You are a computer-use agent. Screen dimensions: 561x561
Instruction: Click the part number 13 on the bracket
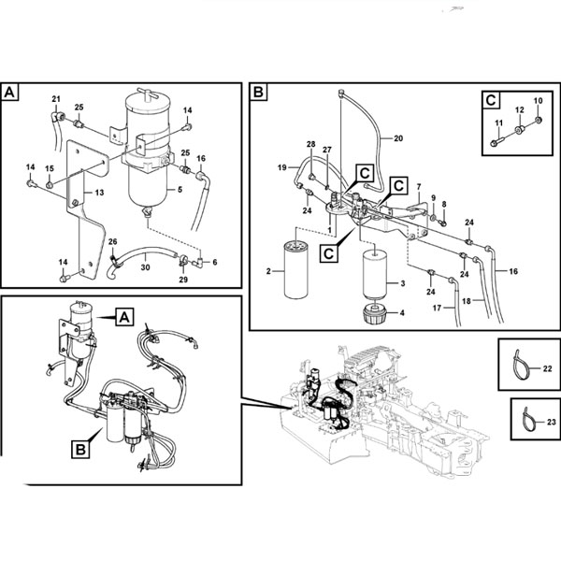pos(99,193)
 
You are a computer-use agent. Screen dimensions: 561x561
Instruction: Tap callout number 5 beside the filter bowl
pos(180,189)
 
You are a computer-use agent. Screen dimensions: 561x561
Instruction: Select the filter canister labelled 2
pos(295,270)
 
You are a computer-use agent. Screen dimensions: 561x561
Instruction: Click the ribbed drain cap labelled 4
pos(375,313)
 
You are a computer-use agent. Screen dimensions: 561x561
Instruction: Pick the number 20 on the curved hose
pos(398,138)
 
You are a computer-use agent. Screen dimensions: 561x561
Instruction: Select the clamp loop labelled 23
pos(529,419)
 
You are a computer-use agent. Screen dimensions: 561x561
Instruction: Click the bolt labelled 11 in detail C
pos(497,142)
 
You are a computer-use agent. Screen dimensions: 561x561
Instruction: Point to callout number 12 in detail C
pos(520,109)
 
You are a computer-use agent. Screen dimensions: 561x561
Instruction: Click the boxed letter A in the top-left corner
pos(9,93)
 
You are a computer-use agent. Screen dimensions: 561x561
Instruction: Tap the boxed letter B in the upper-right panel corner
pos(258,92)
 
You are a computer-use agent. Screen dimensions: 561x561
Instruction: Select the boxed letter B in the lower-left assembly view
pos(80,449)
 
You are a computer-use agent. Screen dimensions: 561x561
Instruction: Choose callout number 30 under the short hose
pos(145,267)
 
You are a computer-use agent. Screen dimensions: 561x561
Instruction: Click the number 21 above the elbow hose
pos(56,99)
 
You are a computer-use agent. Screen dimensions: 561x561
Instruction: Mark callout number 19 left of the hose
pos(282,167)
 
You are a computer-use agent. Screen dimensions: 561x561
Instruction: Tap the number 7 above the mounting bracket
pos(419,187)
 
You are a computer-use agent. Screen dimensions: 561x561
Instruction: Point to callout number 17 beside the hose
pos(437,308)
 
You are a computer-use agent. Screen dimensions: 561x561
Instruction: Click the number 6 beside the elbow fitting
pos(215,262)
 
